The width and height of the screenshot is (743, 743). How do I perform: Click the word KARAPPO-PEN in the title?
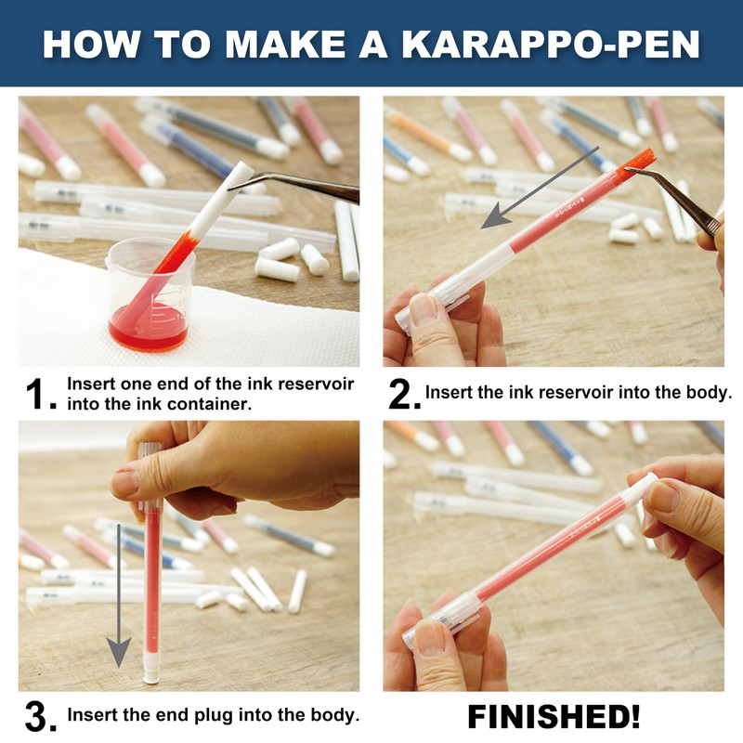pyautogui.click(x=551, y=45)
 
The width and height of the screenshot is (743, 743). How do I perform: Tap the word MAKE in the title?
pyautogui.click(x=285, y=45)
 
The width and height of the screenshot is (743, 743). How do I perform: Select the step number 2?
pyautogui.click(x=403, y=394)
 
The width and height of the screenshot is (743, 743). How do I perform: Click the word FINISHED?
pyautogui.click(x=554, y=716)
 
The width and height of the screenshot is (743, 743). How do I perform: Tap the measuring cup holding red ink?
pyautogui.click(x=150, y=293)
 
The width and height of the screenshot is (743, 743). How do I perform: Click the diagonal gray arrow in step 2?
pyautogui.click(x=541, y=188)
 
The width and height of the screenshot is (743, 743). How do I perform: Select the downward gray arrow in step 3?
pyautogui.click(x=119, y=595)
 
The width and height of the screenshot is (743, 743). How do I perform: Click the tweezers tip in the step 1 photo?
pyautogui.click(x=230, y=189)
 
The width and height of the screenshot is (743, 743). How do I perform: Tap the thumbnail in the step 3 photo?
pyautogui.click(x=125, y=483)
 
